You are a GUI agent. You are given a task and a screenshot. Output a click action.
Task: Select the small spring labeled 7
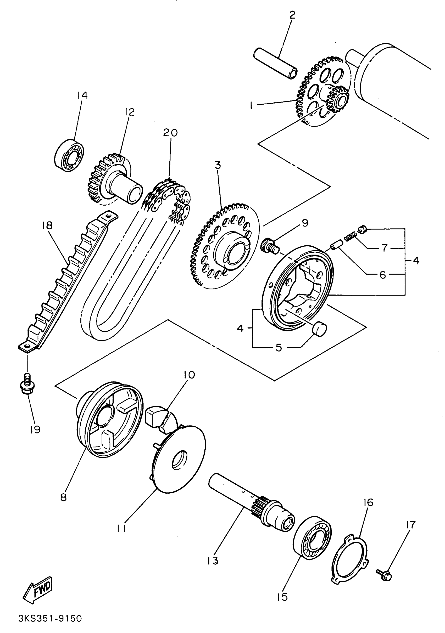tap(350, 235)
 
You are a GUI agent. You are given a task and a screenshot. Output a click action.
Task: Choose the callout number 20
tap(170, 133)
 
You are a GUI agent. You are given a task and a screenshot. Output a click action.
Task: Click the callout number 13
tap(213, 561)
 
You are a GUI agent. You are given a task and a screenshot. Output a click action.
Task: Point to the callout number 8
tap(63, 497)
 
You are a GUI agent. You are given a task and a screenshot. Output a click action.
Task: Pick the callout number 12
tap(129, 112)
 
